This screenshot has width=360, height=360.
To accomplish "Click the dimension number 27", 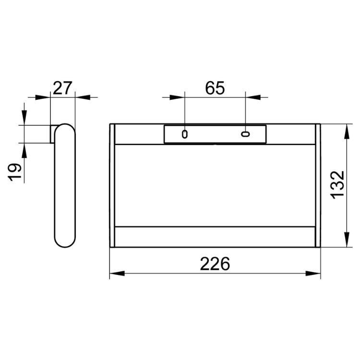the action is [62, 88].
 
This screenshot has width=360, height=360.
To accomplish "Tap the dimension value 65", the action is [215, 88].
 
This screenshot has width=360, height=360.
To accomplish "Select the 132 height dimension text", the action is [337, 185].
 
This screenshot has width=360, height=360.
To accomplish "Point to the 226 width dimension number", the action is [215, 264].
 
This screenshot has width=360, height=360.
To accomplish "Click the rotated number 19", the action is [14, 172].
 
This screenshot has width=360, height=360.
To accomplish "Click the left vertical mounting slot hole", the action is [185, 134].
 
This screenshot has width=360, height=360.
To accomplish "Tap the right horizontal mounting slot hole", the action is [245, 134].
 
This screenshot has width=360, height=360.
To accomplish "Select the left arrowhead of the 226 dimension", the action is [117, 274].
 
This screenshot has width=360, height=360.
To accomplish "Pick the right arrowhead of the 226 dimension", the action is [313, 274].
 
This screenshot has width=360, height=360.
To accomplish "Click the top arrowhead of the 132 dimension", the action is [347, 132].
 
